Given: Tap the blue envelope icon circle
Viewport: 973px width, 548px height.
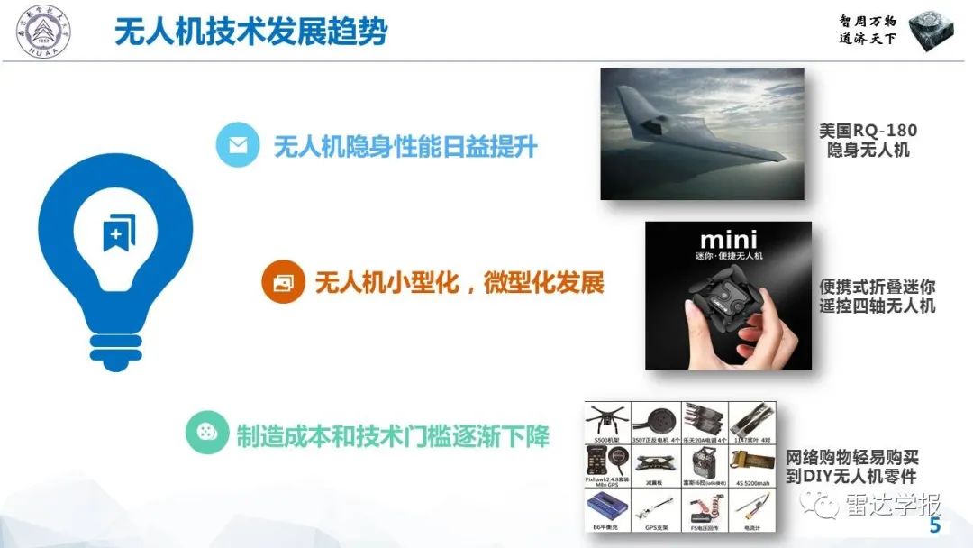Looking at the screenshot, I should pos(238,146).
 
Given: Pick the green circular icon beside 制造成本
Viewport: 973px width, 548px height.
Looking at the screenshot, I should pos(207,432).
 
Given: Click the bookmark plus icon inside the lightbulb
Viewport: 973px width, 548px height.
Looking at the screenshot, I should pos(116,232).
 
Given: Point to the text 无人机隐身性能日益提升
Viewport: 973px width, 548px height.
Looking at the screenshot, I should pos(405,147).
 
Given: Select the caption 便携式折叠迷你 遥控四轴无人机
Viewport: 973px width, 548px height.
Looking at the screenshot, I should pos(877,296).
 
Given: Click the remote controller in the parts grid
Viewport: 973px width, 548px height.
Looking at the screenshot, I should pos(704,463).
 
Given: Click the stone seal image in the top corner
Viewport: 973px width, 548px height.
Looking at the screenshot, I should pos(932,32).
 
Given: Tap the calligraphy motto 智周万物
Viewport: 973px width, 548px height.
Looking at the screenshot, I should pos(867,21).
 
